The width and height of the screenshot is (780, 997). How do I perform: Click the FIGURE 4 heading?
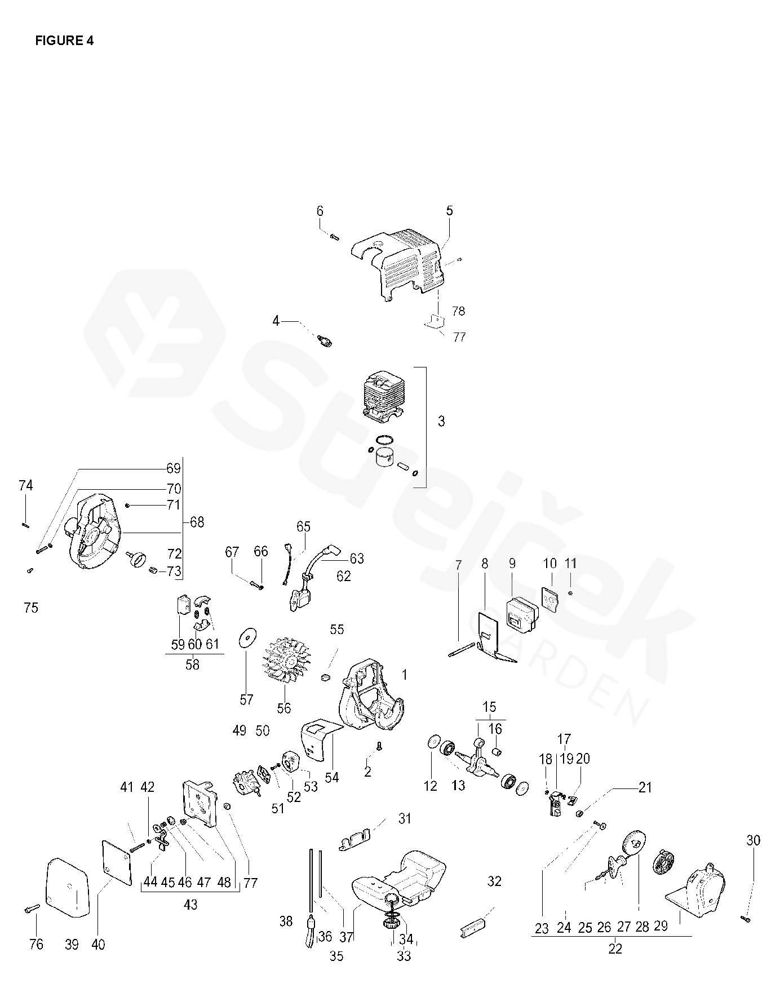click(64, 41)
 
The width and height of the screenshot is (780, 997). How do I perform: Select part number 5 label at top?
click(449, 211)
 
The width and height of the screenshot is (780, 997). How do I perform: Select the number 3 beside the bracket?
click(441, 421)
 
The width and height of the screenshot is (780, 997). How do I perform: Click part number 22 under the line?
click(615, 949)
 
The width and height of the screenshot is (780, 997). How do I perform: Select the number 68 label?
click(197, 522)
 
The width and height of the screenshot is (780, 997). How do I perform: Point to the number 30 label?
click(754, 840)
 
